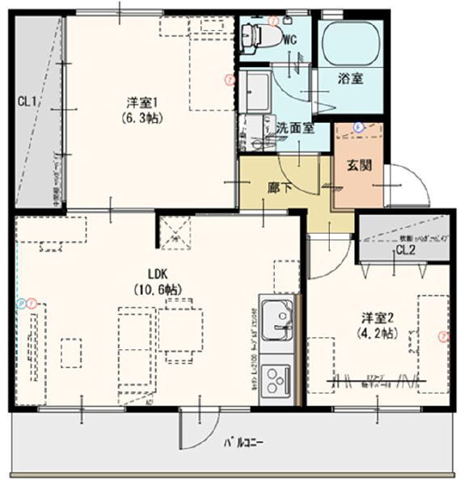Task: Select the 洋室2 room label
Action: point(372,318)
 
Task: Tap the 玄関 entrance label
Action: point(358,164)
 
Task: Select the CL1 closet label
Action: point(27,101)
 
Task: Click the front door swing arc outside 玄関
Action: point(411,184)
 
